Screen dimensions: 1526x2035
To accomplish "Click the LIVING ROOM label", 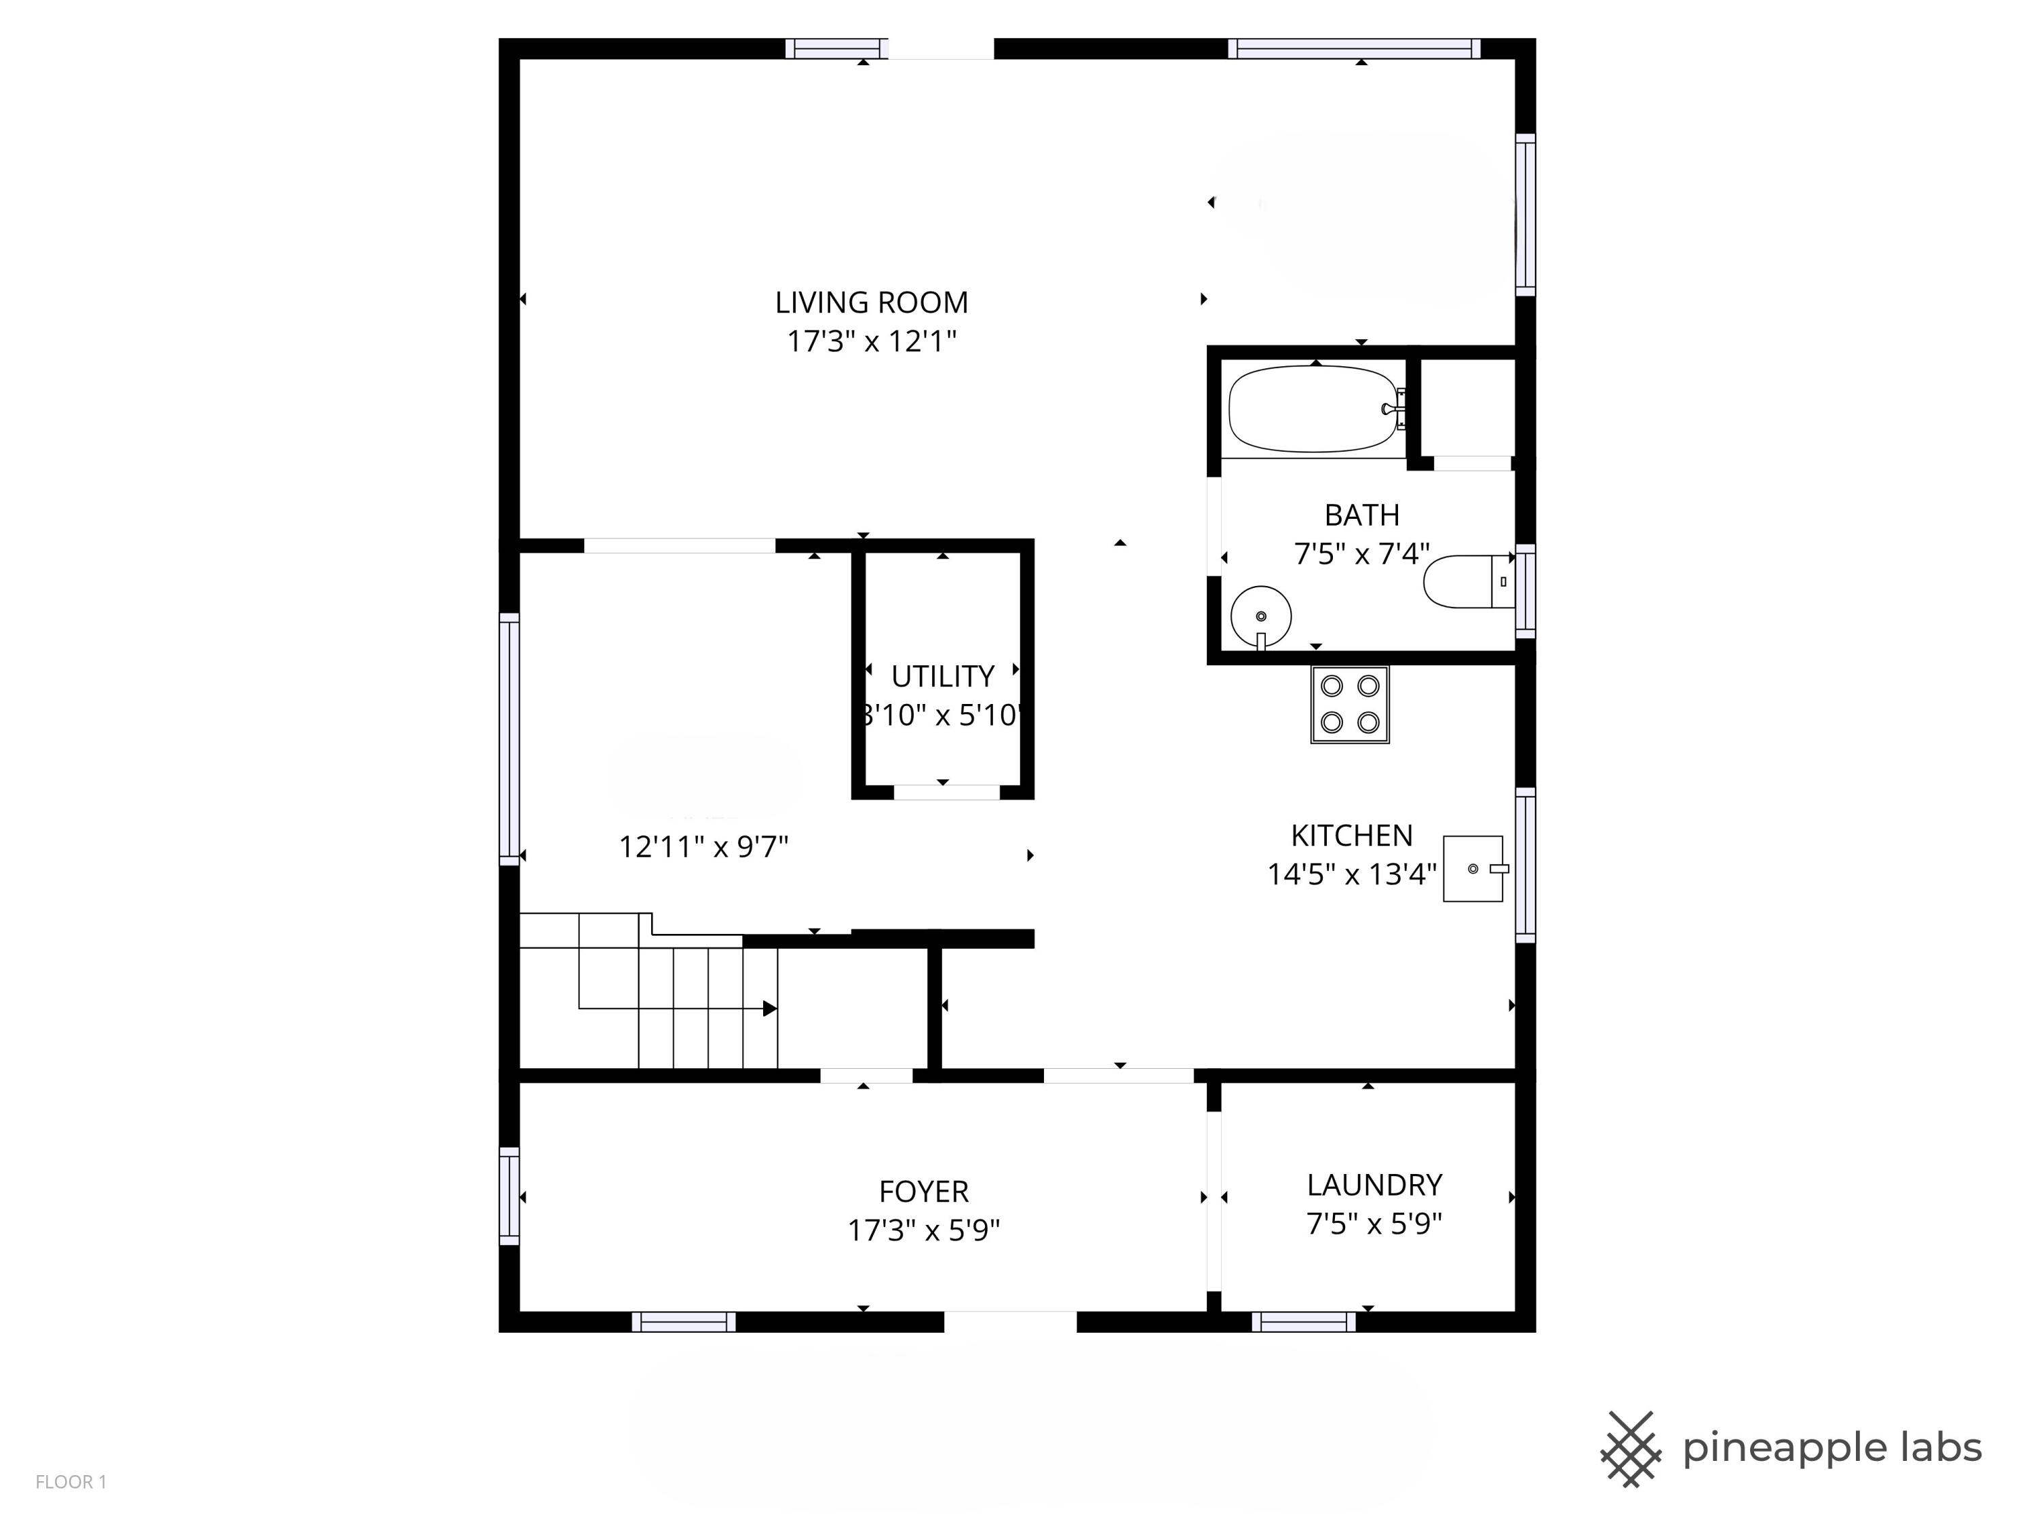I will click(x=871, y=302).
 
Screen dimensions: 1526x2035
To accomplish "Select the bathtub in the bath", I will click(x=1314, y=410).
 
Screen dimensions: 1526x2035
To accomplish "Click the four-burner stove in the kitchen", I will click(x=1350, y=705).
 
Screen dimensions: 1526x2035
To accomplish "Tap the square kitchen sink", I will click(x=1472, y=868).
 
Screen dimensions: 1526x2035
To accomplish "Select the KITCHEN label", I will click(x=1351, y=835).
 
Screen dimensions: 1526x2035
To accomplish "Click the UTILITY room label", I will click(x=942, y=676).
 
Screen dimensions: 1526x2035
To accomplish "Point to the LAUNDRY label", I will click(x=1374, y=1185).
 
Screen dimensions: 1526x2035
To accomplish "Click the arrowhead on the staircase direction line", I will click(x=770, y=1009).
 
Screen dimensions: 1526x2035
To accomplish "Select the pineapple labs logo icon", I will click(x=1630, y=1449).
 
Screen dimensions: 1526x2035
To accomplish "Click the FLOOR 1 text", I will click(x=71, y=1482).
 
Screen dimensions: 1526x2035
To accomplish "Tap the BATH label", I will click(x=1361, y=515).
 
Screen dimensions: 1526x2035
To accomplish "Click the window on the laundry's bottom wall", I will click(x=1304, y=1322).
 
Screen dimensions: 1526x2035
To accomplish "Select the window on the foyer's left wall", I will click(x=509, y=1196).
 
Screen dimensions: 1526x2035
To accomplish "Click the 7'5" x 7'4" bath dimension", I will click(x=1361, y=553).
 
